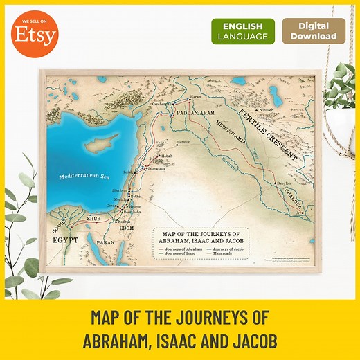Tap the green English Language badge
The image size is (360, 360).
pos(242,31)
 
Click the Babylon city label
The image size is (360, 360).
pos(284,184)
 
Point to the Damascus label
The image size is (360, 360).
pos(156,168)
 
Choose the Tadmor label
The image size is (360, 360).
pos(183,143)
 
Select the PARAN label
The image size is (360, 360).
pos(104,243)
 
